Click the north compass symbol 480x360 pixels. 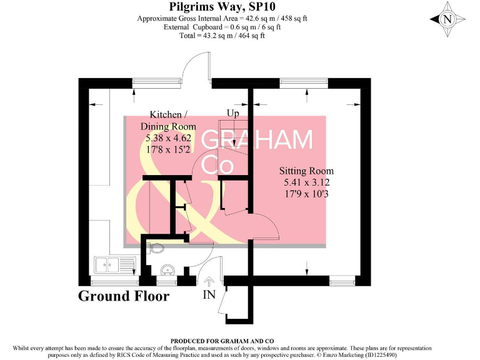[x=447, y=19]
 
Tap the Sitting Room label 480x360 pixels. [x=306, y=171]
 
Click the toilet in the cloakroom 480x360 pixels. [x=156, y=248]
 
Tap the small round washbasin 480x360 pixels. [x=166, y=270]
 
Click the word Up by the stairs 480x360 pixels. [x=232, y=114]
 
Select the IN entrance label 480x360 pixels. [x=209, y=294]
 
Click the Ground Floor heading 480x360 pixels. [x=123, y=296]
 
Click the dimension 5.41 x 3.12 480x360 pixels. [x=306, y=182]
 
